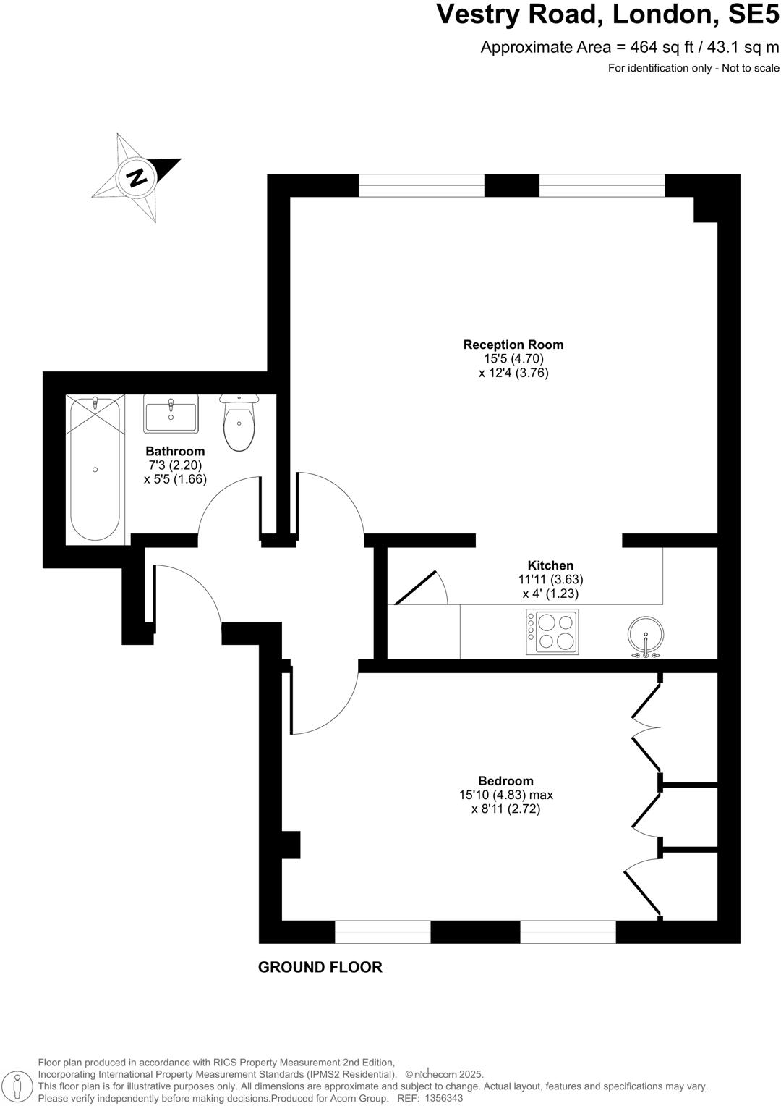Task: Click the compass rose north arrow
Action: [x=135, y=177]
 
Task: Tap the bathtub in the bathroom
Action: [x=95, y=468]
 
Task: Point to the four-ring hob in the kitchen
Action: [x=552, y=632]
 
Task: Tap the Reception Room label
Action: [x=513, y=345]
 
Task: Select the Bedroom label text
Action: [x=505, y=780]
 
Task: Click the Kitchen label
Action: [x=550, y=565]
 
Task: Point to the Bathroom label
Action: [x=175, y=451]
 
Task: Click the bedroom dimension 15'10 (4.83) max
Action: [x=505, y=795]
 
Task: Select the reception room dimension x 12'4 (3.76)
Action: [x=513, y=373]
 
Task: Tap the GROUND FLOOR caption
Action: [x=320, y=967]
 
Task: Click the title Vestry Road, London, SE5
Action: [x=607, y=14]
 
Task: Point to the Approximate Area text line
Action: [x=630, y=48]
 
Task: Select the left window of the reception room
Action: [x=421, y=185]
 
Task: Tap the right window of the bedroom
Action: [x=568, y=932]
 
